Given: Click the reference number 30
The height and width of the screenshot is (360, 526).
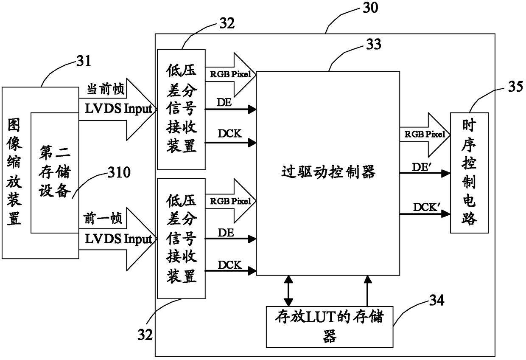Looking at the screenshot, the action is click(x=370, y=7).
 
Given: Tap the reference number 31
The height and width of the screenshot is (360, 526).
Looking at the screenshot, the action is click(x=84, y=61).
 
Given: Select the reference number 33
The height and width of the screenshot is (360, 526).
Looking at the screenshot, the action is click(x=374, y=44).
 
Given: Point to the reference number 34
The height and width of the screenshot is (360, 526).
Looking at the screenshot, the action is click(x=437, y=300).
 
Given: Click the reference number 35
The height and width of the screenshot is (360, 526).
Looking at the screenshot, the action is click(x=515, y=86).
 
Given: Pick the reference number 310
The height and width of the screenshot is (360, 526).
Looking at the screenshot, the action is click(x=119, y=172).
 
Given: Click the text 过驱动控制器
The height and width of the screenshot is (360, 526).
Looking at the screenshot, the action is click(x=328, y=172).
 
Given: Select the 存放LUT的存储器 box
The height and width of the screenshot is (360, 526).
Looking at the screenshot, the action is click(x=330, y=327).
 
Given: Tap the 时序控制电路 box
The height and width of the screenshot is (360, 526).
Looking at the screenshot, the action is click(x=469, y=173).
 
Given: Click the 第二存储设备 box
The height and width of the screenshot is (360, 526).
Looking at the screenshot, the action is click(x=55, y=173).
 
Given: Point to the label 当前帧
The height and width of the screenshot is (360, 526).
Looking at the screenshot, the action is click(x=106, y=89).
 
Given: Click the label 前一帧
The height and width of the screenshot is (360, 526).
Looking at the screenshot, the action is click(x=103, y=218).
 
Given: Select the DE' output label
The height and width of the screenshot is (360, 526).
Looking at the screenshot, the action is click(x=422, y=167).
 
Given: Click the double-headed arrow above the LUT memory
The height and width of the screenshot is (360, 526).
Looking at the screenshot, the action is click(x=288, y=291).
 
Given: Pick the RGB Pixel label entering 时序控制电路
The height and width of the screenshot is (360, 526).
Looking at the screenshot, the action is click(x=425, y=134).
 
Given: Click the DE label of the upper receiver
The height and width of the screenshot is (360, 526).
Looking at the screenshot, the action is click(x=224, y=102).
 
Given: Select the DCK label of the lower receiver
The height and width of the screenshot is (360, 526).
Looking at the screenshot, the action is click(x=229, y=265).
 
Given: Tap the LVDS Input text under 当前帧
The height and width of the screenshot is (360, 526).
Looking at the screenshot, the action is click(x=119, y=109).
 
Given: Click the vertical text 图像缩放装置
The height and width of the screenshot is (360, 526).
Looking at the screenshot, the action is click(x=14, y=172).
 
